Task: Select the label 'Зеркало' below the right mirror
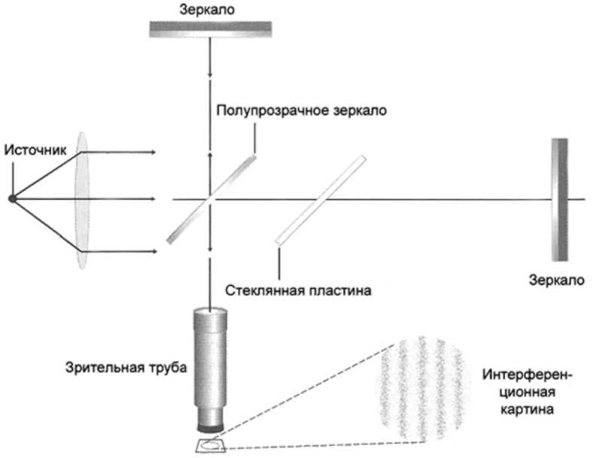click(x=556, y=280)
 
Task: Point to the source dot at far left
click(x=12, y=199)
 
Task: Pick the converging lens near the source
click(x=82, y=199)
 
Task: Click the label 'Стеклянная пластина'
click(x=299, y=289)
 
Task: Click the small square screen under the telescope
click(x=213, y=445)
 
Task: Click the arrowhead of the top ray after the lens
click(x=154, y=152)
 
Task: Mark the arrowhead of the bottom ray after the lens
click(x=154, y=250)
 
